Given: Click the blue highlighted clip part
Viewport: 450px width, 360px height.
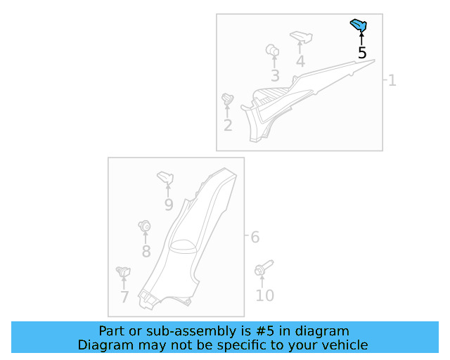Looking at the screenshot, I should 359,26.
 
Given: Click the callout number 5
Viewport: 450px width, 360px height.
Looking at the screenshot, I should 362,53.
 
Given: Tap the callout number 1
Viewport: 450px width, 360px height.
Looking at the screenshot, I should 392,81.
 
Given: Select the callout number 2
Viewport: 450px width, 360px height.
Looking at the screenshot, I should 228,126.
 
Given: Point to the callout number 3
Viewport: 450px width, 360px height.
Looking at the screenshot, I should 275,76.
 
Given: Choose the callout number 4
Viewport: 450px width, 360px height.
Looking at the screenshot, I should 300,61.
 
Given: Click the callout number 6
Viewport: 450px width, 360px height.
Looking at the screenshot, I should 255,238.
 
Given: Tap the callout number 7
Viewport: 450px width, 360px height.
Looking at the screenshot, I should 124,297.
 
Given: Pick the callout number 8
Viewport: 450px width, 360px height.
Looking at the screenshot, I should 146,251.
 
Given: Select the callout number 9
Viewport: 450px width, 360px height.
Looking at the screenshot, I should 169,205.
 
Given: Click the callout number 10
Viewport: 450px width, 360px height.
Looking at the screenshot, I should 264,295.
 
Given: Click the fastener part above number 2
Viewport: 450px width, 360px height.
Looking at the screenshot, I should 227,101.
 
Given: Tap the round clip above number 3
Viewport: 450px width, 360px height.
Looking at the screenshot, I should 273,51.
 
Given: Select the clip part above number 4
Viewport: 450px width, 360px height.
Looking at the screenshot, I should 300,35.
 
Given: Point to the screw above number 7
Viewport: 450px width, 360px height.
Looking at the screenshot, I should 124,271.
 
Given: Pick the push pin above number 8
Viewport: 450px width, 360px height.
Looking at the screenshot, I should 145,226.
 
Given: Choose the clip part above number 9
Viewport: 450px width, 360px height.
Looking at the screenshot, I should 166,176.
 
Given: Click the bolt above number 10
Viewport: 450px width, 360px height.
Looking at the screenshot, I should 263,269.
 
